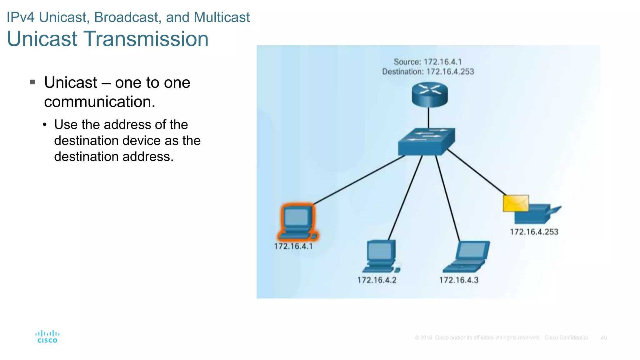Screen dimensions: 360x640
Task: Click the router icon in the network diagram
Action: click(x=429, y=94)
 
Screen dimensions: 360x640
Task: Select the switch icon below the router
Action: click(x=426, y=142)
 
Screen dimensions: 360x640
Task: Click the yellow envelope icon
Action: click(x=516, y=203)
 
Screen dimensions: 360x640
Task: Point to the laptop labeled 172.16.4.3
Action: click(x=467, y=257)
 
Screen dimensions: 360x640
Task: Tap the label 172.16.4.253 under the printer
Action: click(x=534, y=232)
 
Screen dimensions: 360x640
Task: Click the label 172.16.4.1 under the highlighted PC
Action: click(x=293, y=246)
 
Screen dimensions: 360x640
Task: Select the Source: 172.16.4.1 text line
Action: click(x=427, y=62)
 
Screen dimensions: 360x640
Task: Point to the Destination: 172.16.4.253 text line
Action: click(x=427, y=72)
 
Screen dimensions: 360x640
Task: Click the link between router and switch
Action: click(x=428, y=117)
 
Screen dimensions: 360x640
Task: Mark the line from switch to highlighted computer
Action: click(x=359, y=180)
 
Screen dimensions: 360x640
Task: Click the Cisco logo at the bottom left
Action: click(x=47, y=337)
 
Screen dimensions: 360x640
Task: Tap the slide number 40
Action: click(x=603, y=338)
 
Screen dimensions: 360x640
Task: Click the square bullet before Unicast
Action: click(x=32, y=82)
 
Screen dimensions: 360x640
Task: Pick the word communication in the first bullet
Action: click(x=99, y=102)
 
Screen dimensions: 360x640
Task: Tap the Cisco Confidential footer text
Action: click(x=566, y=338)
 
